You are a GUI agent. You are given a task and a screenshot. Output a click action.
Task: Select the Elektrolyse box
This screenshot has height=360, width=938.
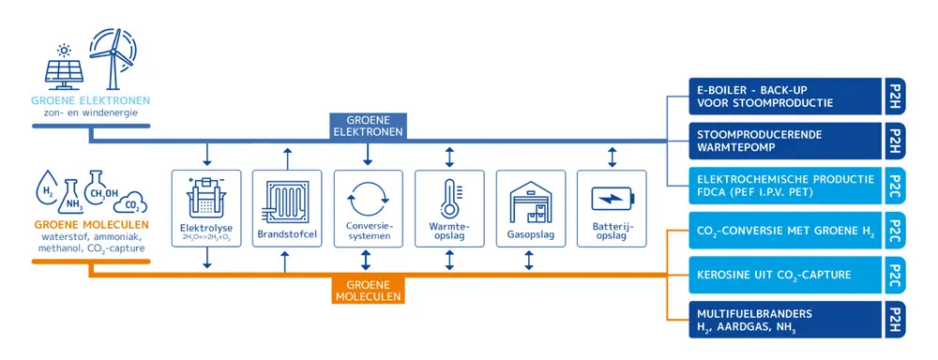point(206,208)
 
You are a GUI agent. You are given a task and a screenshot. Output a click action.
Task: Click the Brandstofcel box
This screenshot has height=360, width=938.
point(287,208)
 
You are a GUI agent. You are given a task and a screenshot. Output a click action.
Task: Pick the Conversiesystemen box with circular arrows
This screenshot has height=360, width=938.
point(368,208)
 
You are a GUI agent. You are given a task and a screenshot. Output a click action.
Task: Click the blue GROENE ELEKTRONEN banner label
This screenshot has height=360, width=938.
point(367,126)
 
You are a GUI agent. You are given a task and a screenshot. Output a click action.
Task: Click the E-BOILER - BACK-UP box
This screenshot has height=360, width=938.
point(784,97)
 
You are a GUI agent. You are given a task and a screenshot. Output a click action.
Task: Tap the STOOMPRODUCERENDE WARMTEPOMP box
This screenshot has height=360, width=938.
point(784,141)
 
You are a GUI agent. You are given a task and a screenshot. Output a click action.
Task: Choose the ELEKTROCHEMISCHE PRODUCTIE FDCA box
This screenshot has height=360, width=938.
point(784,186)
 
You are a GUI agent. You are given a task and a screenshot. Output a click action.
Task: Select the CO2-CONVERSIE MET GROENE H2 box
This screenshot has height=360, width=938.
point(784,231)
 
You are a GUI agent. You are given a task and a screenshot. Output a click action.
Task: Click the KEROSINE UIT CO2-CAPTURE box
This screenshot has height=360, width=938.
point(784,275)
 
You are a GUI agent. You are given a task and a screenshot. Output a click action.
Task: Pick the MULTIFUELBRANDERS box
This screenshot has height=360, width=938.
point(784,320)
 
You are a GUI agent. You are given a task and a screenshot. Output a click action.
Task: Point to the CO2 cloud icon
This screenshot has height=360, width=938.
point(133,202)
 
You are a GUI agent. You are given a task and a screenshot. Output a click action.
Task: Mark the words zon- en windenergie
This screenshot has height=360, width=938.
point(89,112)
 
